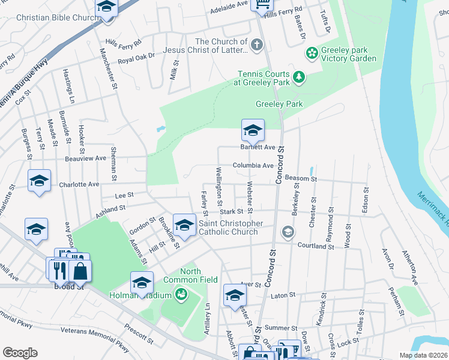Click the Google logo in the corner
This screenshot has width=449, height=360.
(x=20, y=353)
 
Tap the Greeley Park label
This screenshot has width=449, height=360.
(x=279, y=104)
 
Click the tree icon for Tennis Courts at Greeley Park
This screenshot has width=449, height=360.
(x=298, y=77)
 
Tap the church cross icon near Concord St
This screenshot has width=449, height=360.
(x=256, y=45)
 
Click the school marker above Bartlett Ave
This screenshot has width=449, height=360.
(x=253, y=130)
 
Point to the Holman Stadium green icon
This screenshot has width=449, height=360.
(x=180, y=295)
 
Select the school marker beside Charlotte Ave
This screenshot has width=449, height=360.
(x=40, y=181)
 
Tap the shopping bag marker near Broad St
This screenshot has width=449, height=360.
(x=80, y=270)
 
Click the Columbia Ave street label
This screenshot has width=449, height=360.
(x=253, y=166)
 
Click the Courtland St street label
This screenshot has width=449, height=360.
(x=315, y=245)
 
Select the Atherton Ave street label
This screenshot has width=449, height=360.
(x=410, y=267)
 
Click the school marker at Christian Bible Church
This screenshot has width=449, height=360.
(x=106, y=8)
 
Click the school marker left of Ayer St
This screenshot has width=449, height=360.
(x=235, y=295)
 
